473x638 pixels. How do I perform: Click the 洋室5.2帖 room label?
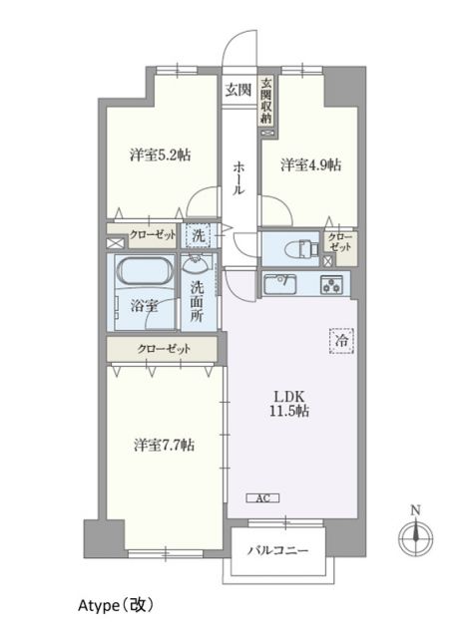click(160, 156)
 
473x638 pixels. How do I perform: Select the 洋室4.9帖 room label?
click(310, 164)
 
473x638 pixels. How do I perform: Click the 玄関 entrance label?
click(237, 91)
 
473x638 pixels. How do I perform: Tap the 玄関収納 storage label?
click(266, 101)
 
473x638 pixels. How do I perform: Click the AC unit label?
click(262, 497)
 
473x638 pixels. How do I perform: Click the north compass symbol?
click(415, 537)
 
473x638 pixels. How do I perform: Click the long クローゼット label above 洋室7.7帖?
click(162, 350)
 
